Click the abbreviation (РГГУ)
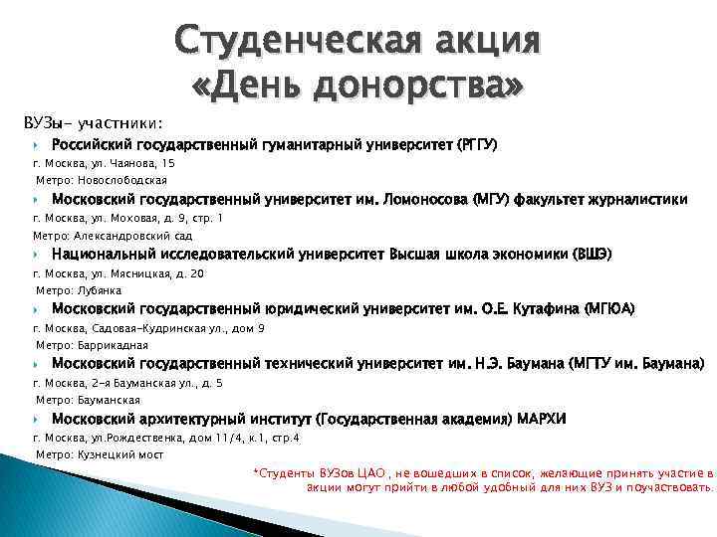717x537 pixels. pyautogui.click(x=475, y=145)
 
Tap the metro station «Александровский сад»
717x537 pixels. pyautogui.click(x=135, y=236)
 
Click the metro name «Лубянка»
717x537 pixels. pyautogui.click(x=99, y=290)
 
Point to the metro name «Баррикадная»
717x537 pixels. pyautogui.click(x=112, y=345)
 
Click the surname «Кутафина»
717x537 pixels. pyautogui.click(x=545, y=308)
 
